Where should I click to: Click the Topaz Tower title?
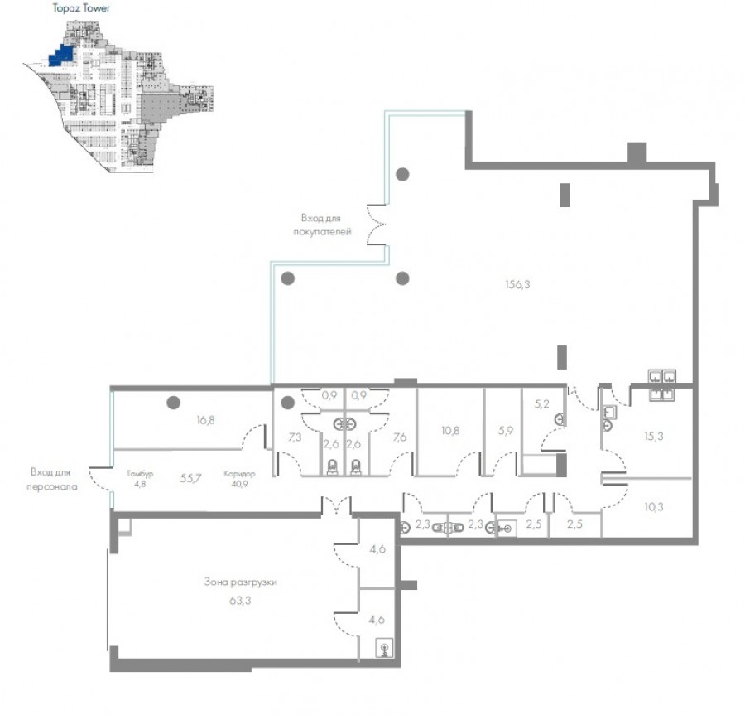tap(81, 8)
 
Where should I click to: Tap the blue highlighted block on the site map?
tap(61, 56)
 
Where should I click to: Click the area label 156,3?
tap(517, 285)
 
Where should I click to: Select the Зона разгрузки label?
tap(240, 582)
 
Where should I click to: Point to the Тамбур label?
tap(140, 474)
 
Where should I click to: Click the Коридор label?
tap(239, 474)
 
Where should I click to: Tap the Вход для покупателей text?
tap(322, 225)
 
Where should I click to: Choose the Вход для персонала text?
tap(52, 479)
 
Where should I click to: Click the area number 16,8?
tap(205, 420)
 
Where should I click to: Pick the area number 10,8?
tap(450, 431)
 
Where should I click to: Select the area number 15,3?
tap(654, 436)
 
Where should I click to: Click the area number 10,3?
tap(654, 507)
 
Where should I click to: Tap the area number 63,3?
tap(240, 601)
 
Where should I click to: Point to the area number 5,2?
tap(541, 404)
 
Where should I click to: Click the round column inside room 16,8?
tap(174, 403)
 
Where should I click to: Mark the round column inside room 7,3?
tap(287, 403)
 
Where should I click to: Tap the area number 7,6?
tap(400, 437)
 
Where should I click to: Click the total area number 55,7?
tap(190, 478)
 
